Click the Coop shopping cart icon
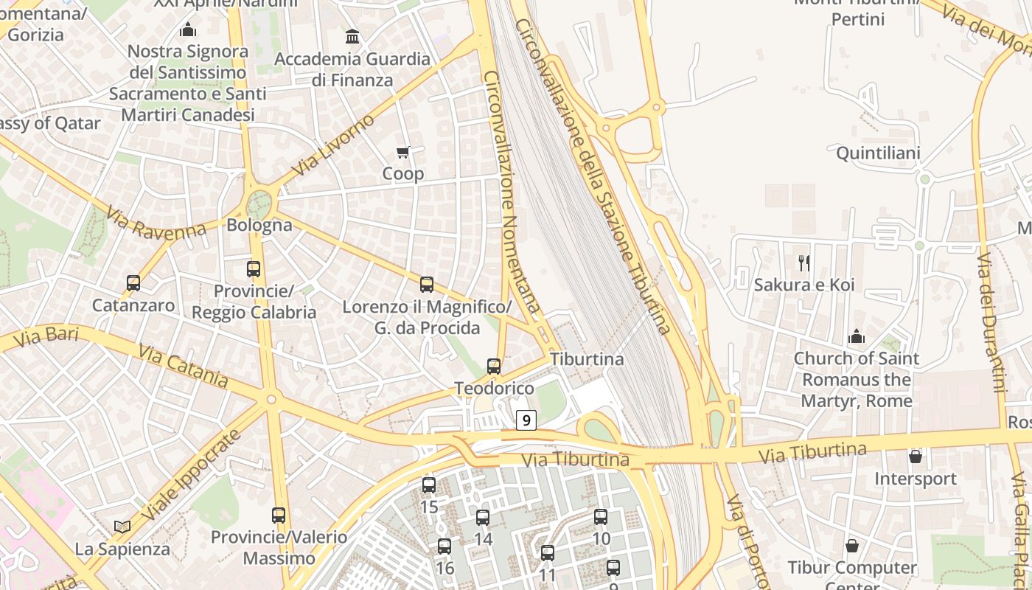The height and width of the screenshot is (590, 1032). click(x=402, y=153)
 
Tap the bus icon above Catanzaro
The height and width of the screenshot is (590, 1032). click(x=133, y=282)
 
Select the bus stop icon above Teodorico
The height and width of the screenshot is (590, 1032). click(x=494, y=366)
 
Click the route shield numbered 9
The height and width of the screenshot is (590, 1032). click(x=525, y=420)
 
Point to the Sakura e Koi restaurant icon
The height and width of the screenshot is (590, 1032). click(x=804, y=263)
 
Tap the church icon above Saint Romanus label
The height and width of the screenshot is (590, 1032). click(x=856, y=337)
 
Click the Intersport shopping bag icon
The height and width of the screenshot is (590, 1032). click(x=915, y=457)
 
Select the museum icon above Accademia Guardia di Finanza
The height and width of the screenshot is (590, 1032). click(x=352, y=36)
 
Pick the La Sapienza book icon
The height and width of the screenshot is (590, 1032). click(x=122, y=527)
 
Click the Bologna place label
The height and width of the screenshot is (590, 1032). click(x=259, y=225)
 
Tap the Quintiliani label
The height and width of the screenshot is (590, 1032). click(x=878, y=153)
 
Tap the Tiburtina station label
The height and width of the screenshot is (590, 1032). click(x=587, y=359)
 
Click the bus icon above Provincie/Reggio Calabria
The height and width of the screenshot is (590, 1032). click(x=254, y=269)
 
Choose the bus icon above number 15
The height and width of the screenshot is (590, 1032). click(x=429, y=485)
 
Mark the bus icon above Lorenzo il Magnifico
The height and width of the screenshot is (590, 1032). click(x=427, y=285)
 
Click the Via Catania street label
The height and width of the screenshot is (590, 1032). click(x=182, y=367)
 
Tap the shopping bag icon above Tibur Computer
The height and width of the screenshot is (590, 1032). click(x=851, y=546)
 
